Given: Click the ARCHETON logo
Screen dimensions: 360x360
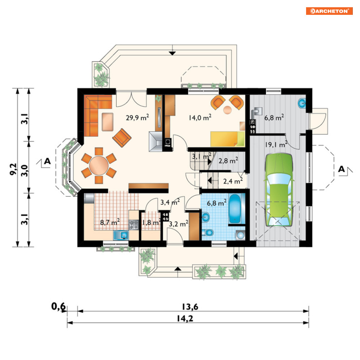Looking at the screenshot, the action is coord(329,11).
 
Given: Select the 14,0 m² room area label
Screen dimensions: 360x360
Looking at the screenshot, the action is coord(200,118).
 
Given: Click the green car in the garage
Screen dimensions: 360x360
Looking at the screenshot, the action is coord(279,190).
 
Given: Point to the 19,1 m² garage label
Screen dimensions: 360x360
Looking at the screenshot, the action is coord(276,144).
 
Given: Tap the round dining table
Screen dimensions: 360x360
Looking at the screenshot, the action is coord(99,165).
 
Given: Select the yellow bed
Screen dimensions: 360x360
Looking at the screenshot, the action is coord(228,139).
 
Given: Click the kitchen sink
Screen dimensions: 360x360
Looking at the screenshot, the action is coord(121,235).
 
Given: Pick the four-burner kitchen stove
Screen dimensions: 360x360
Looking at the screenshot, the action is coord(134,225).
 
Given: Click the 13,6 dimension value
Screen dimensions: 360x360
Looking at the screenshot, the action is coord(190,306).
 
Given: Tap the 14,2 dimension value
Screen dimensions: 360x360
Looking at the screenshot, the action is coord(185,318).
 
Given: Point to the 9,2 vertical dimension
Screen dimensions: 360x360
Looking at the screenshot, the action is coord(13,169).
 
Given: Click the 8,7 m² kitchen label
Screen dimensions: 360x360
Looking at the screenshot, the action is coord(110,222).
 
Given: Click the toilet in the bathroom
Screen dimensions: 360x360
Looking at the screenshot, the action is coord(208,233).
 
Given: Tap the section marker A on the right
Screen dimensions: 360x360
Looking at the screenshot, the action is coord(342,169).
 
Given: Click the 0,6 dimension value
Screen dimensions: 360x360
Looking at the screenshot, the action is coord(58,306).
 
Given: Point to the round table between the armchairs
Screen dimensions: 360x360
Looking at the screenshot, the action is coord(227,110).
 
